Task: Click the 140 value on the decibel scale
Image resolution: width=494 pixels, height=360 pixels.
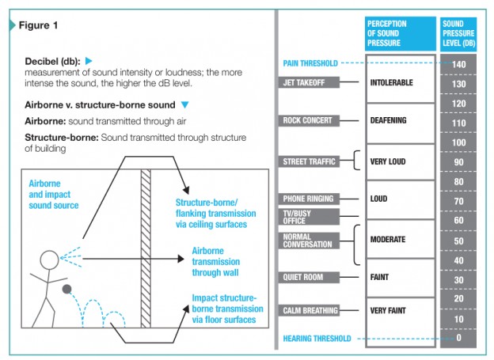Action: pos(458,65)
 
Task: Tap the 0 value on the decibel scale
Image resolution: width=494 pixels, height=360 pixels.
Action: pos(458,338)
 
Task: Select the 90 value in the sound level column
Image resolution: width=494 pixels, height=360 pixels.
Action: pos(458,162)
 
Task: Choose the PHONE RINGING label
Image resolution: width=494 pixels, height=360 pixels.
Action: pos(309,199)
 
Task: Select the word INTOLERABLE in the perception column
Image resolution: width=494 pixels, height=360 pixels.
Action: pos(391,82)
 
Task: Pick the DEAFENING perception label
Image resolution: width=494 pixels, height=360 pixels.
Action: pos(388,120)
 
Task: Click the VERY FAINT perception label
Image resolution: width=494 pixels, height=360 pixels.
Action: pos(388,311)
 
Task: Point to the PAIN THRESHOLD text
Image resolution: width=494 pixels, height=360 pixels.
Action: pos(310,63)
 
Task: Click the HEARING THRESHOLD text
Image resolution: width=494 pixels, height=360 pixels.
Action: pos(317,339)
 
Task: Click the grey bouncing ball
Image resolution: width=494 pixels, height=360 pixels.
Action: pos(66,289)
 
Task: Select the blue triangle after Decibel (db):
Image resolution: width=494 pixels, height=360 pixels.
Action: pos(89,61)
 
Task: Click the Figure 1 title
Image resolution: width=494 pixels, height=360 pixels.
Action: pos(38,25)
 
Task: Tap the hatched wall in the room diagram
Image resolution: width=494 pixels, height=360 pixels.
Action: pos(146,248)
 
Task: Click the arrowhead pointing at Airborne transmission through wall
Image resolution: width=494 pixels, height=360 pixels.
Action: pos(180,259)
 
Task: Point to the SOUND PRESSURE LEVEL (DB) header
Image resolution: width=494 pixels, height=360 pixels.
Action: pos(458,33)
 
